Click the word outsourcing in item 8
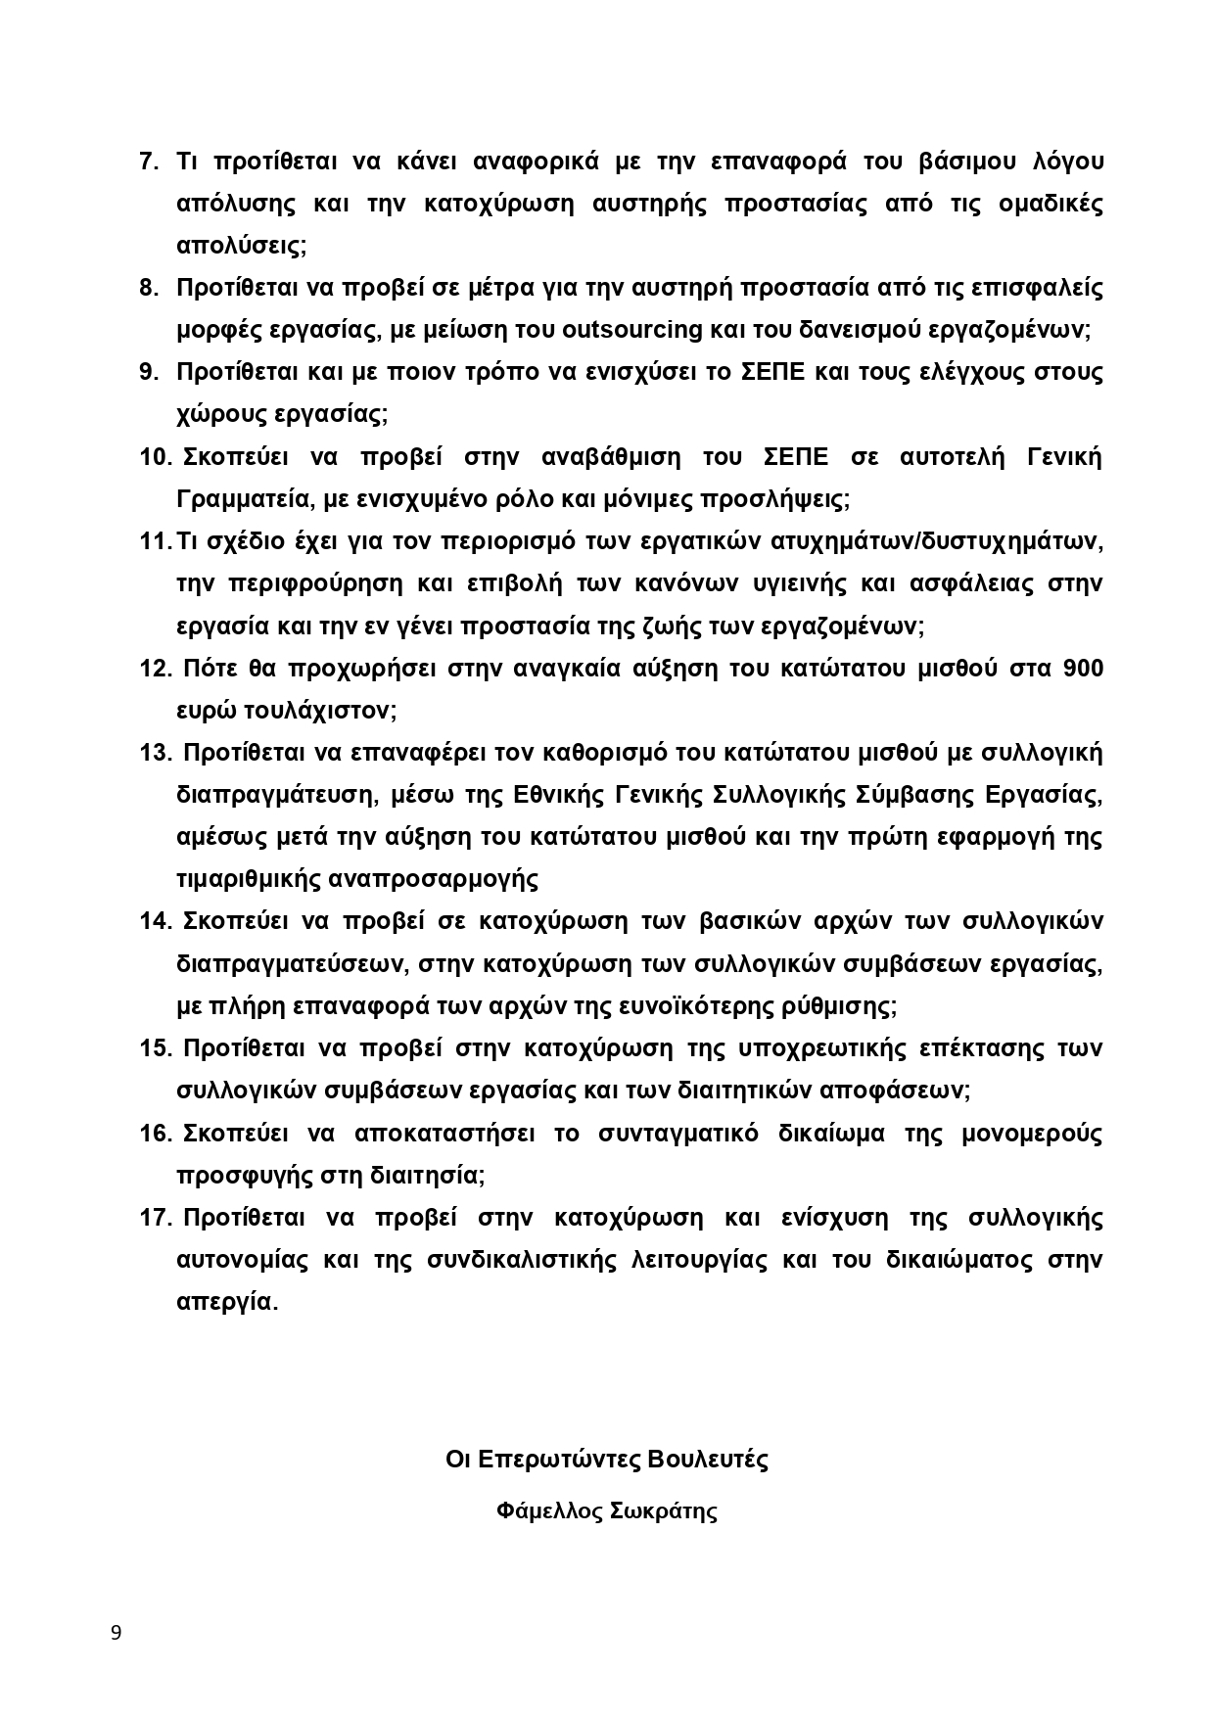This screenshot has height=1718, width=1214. click(632, 329)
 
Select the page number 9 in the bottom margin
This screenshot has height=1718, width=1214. click(117, 1632)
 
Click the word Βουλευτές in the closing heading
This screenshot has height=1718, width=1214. click(708, 1460)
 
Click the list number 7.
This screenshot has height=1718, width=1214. click(149, 162)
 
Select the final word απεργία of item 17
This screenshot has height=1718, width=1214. click(224, 1302)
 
